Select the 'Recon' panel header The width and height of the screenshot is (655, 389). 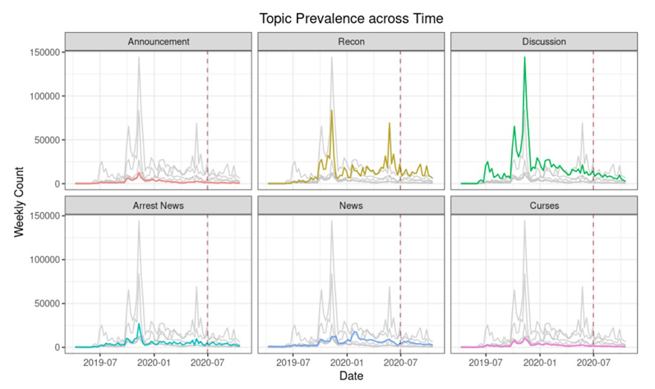(351, 41)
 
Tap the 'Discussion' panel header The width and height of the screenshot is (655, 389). (544, 41)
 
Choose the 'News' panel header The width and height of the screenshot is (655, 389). (351, 205)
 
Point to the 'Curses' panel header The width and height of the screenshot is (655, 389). (544, 205)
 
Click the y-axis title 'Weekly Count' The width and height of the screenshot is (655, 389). (19, 200)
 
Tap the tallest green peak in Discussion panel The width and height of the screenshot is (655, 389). (524, 58)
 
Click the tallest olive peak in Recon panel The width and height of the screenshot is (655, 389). (331, 110)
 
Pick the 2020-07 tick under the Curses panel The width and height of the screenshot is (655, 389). (593, 360)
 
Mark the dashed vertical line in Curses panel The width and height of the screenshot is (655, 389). (593, 280)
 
